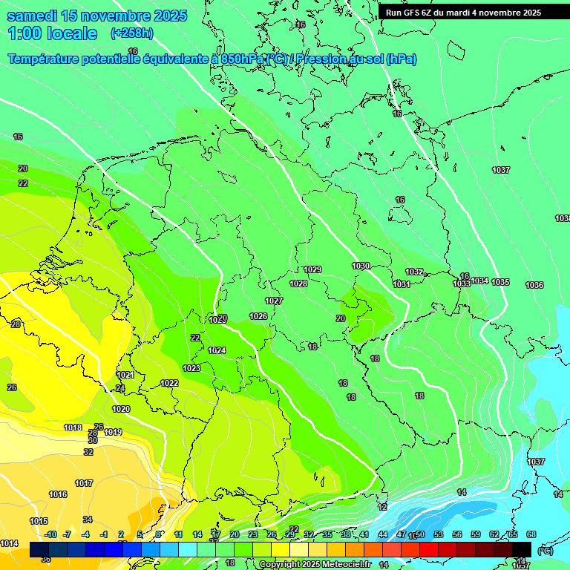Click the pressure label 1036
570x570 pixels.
(x=534, y=285)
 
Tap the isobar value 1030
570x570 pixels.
(x=361, y=266)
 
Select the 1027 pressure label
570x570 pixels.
(x=274, y=301)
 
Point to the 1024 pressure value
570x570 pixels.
(x=217, y=350)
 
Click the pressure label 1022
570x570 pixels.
(x=169, y=383)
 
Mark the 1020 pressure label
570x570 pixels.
(x=121, y=409)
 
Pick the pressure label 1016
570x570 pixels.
(x=58, y=494)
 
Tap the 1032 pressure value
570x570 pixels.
(x=414, y=272)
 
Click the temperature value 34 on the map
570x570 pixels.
(x=88, y=519)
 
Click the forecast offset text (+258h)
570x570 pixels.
(x=131, y=33)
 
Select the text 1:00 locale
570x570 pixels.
(x=53, y=33)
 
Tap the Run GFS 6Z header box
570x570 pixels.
(x=463, y=13)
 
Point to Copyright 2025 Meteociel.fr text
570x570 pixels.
(x=315, y=564)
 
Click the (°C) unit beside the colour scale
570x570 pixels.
(x=545, y=551)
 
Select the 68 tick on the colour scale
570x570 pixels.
(x=531, y=534)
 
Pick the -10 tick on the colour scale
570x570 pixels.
(x=51, y=534)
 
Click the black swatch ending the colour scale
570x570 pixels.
(x=522, y=549)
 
